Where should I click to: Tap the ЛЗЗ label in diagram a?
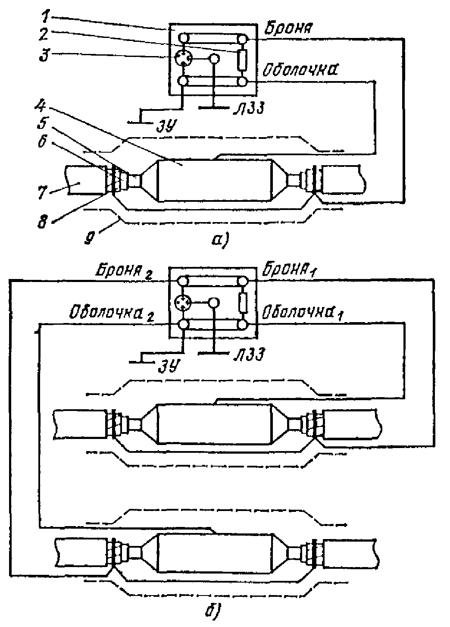(249, 107)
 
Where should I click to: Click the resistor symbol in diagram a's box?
(242, 60)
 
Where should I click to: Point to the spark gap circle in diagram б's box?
(182, 303)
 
